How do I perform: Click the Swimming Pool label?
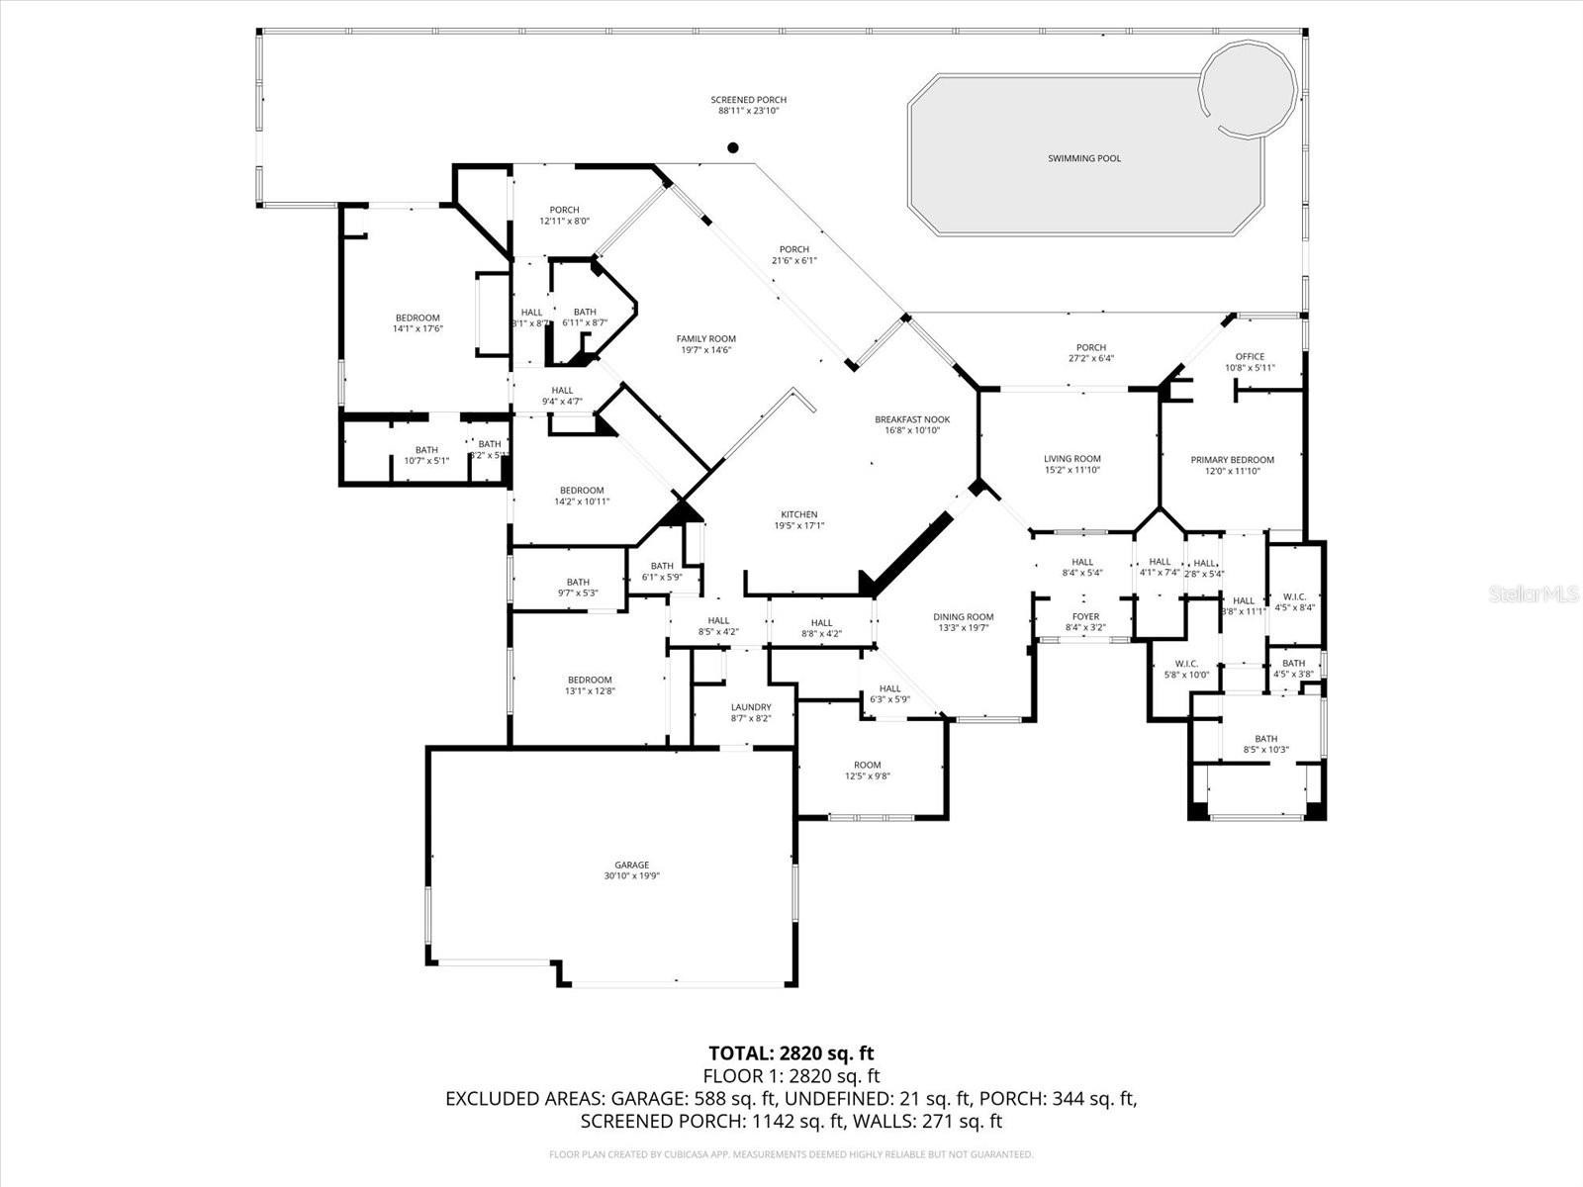click(1084, 158)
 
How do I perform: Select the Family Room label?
click(705, 338)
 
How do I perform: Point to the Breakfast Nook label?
click(906, 419)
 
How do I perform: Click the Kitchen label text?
click(798, 514)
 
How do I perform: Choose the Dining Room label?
click(963, 617)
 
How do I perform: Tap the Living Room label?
click(1071, 459)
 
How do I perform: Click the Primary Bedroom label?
click(1232, 460)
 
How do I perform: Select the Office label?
click(1250, 357)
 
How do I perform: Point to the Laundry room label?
click(751, 707)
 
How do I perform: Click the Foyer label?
click(1085, 617)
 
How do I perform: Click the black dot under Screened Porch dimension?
click(733, 148)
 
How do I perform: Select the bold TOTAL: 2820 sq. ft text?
click(791, 1053)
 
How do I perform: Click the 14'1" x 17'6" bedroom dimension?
click(417, 329)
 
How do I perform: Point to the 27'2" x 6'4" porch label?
click(1090, 359)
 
